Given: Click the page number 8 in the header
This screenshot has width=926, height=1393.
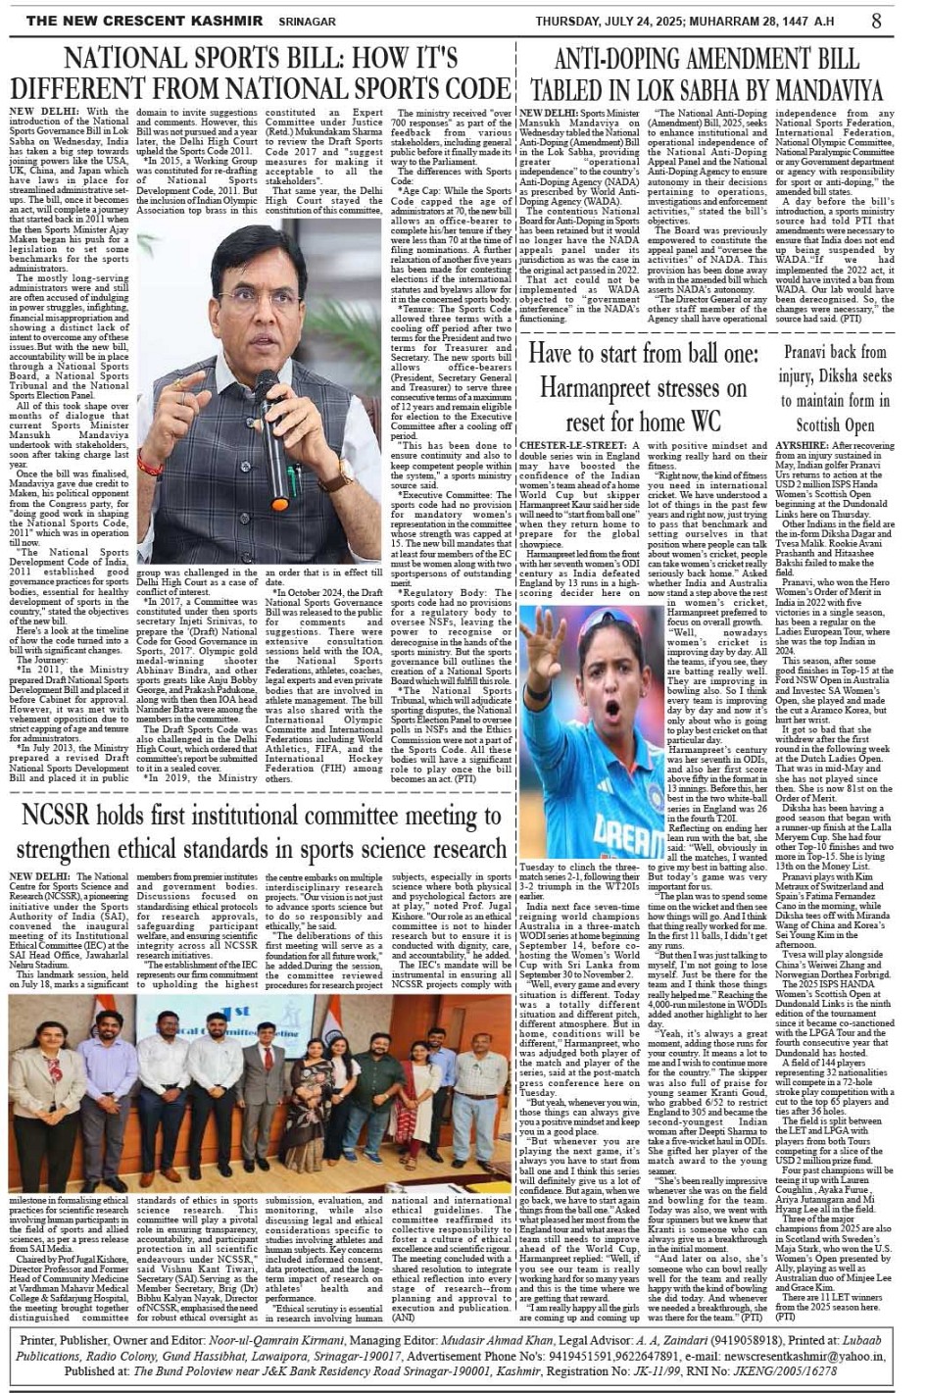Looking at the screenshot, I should (876, 20).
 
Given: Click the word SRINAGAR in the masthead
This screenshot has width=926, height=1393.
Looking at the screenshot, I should (308, 21).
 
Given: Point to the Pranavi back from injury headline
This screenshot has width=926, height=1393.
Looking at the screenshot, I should (835, 388).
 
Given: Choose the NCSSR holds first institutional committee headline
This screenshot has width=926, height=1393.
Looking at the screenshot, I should (261, 832).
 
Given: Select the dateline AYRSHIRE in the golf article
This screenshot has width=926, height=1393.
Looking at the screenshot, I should (801, 446).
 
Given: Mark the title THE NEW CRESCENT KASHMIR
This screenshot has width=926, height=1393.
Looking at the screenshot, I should (145, 21).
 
